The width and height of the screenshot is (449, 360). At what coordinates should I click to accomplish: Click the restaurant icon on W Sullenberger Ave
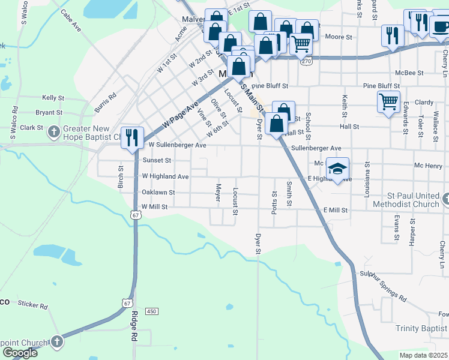pyautogui.click(x=131, y=137)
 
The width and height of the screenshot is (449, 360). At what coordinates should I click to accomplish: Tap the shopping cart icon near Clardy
pyautogui.click(x=388, y=101)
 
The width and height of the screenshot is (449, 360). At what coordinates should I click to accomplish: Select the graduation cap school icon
pyautogui.click(x=337, y=168)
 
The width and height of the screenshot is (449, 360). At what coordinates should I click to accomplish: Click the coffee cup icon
pyautogui.click(x=439, y=27)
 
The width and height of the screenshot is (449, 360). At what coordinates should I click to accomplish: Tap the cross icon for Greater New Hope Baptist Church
pyautogui.click(x=53, y=131)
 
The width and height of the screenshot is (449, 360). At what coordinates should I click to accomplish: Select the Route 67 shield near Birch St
pyautogui.click(x=137, y=214)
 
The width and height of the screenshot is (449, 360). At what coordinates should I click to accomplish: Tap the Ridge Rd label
pyautogui.click(x=133, y=326)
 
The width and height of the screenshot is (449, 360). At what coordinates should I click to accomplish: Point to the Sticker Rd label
pyautogui.click(x=32, y=305)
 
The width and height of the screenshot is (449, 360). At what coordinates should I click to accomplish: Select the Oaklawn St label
pyautogui.click(x=158, y=193)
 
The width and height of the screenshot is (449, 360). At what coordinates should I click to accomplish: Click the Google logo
pyautogui.click(x=20, y=353)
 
